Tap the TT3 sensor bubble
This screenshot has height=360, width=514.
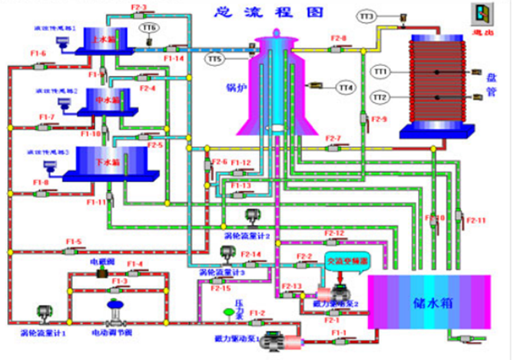tap(366, 15)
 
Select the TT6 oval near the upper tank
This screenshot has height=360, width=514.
tap(149, 27)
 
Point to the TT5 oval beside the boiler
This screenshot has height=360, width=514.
tap(214, 58)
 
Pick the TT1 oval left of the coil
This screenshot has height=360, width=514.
tap(380, 71)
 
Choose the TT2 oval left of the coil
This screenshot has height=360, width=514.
tap(380, 97)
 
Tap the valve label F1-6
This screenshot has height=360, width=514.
tap(38, 53)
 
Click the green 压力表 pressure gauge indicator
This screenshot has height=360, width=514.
tap(227, 312)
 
